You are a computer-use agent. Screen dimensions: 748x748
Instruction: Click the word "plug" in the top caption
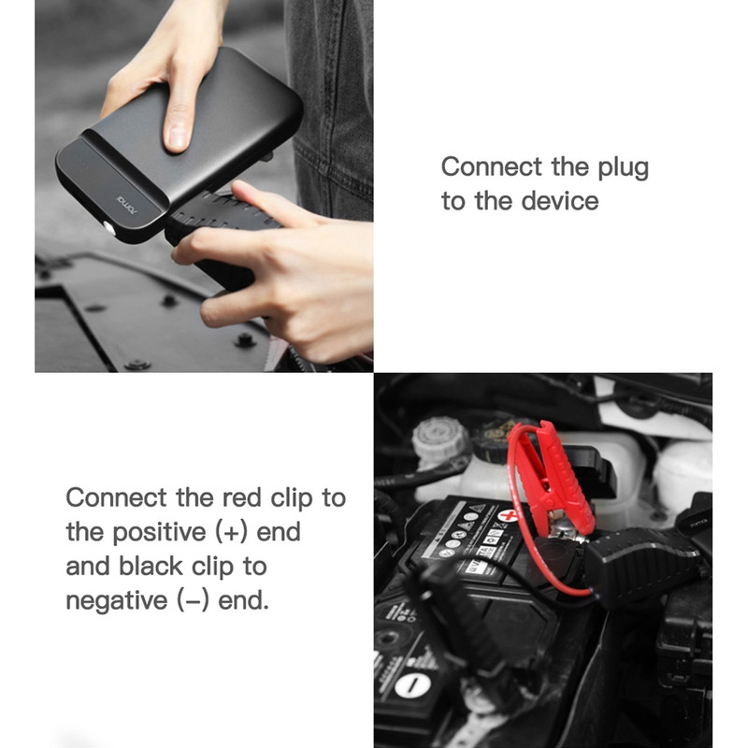[x=624, y=168]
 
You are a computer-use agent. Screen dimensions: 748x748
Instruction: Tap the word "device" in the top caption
[x=559, y=200]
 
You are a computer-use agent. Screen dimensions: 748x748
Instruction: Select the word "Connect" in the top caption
[x=492, y=166]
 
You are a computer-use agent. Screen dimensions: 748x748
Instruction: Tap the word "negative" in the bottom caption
[x=117, y=601]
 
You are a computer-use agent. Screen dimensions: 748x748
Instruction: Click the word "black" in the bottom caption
[x=151, y=567]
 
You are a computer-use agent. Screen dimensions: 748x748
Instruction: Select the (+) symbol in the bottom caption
[x=231, y=532]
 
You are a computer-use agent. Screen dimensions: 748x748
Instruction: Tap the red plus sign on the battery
[x=509, y=516]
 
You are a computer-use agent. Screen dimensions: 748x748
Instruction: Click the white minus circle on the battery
[x=412, y=686]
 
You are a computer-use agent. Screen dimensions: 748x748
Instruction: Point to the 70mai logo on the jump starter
[x=126, y=204]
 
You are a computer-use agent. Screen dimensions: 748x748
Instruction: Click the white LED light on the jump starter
[x=108, y=227]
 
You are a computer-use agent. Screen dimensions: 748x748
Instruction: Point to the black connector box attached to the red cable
[x=641, y=566]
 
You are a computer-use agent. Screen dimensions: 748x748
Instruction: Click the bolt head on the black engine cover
[x=244, y=340]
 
